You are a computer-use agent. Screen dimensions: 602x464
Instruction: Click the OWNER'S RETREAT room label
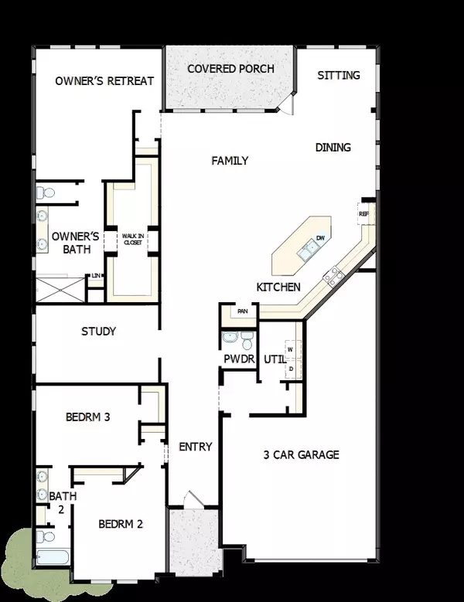104,81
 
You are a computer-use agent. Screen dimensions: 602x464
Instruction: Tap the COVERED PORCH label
230,69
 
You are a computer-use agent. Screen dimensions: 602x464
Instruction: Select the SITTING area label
339,75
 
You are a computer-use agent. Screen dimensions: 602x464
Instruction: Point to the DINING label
333,147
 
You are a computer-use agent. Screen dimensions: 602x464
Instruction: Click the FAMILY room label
230,161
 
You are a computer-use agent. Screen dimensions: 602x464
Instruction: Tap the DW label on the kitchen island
319,238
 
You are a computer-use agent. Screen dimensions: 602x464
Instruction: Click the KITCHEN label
278,287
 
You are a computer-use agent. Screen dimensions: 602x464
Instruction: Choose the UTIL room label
275,359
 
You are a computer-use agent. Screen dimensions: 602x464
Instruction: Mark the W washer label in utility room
290,349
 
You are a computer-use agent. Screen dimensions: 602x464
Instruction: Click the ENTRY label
195,447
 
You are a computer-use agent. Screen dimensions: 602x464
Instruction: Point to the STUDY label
98,332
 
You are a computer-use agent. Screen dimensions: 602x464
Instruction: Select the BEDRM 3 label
87,417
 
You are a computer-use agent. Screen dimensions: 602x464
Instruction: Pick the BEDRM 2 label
121,523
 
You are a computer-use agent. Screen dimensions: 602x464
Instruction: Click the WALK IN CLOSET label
129,239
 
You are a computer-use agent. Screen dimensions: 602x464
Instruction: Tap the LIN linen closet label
95,276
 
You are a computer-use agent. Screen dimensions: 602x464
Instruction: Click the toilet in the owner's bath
46,191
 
